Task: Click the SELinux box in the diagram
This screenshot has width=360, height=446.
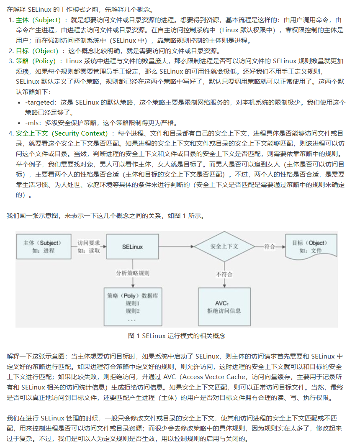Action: point(132,247)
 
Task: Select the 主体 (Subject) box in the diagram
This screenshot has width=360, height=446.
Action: point(43,247)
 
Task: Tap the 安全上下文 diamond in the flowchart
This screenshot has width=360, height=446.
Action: point(224,246)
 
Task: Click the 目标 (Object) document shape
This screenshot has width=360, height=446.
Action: point(310,246)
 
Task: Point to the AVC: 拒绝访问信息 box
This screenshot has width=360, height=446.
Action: point(224,307)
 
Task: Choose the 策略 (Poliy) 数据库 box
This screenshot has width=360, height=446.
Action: point(132,307)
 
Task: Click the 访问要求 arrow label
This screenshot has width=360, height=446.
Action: point(89,243)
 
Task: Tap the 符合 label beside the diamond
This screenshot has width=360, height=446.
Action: point(270,246)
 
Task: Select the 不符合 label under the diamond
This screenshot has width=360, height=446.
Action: point(224,274)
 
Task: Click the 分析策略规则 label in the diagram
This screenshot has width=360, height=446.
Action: point(133,273)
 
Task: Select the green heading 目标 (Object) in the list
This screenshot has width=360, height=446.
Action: point(37,51)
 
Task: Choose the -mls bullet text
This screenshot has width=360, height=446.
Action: point(33,123)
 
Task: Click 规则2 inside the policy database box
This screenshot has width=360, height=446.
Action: point(132,311)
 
